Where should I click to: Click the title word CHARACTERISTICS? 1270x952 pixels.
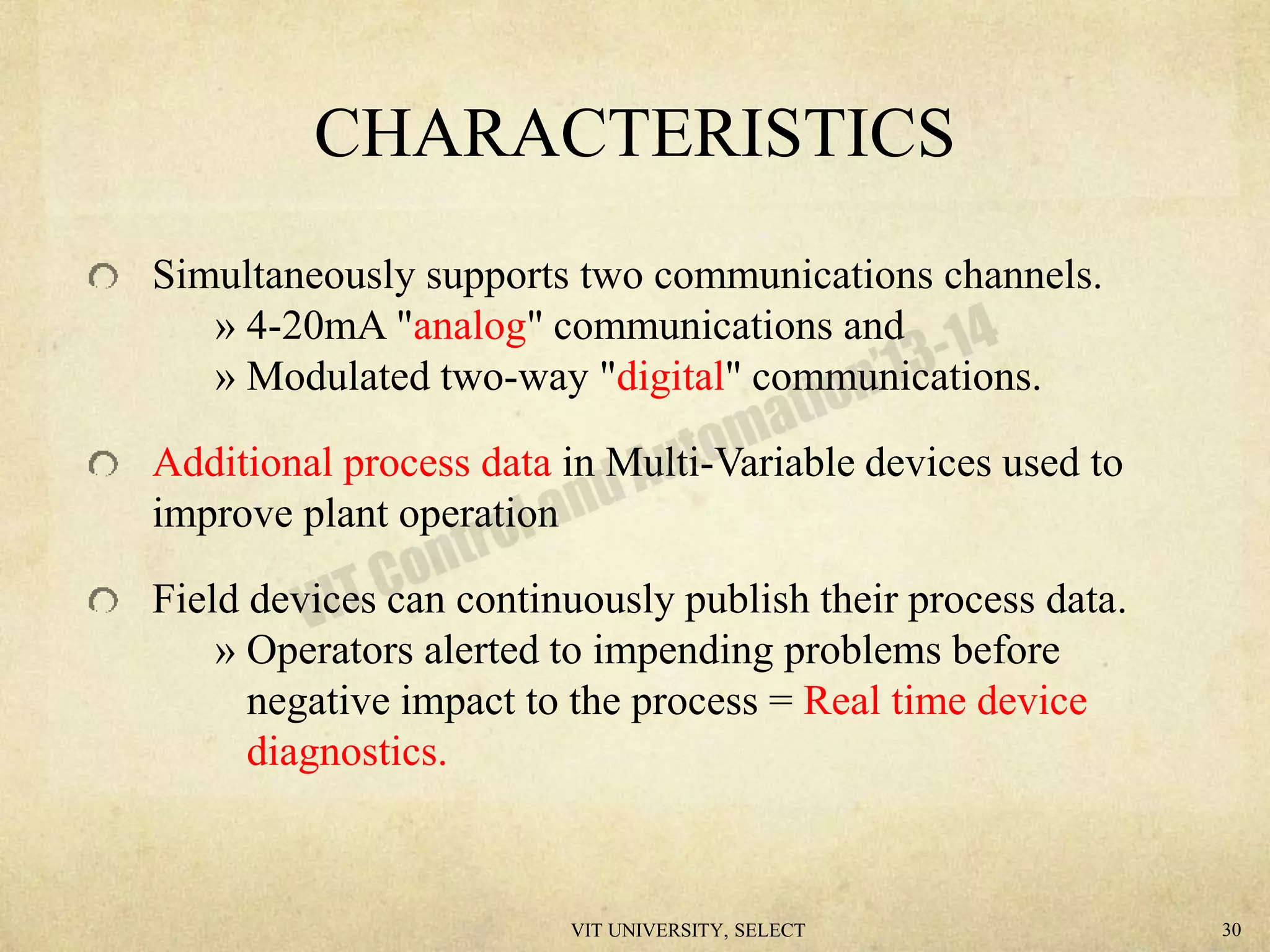(634, 134)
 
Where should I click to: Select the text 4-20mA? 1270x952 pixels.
(316, 326)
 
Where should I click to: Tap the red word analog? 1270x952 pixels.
(470, 326)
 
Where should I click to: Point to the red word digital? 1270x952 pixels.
(670, 377)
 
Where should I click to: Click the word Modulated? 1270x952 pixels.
(338, 377)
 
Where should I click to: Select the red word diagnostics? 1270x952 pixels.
(346, 752)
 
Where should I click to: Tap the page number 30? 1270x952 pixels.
(1232, 930)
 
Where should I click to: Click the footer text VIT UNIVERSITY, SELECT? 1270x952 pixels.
(688, 930)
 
